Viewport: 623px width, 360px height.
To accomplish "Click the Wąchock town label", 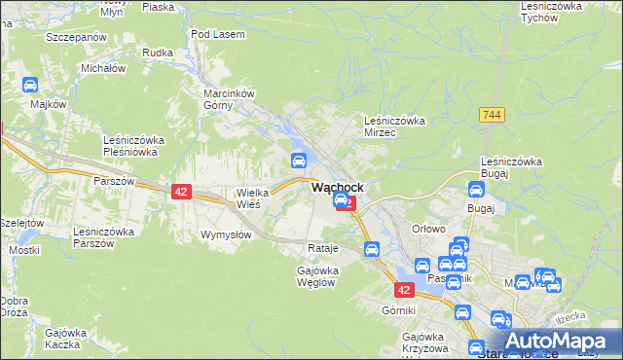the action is (338, 187).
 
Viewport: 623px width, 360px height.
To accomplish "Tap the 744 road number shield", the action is (492, 115).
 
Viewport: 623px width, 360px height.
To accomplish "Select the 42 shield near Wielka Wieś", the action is (181, 192).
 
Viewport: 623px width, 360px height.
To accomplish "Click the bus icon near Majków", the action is (30, 86).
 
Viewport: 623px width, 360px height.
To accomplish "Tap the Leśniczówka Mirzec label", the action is (394, 126).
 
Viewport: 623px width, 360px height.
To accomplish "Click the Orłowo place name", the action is (428, 229).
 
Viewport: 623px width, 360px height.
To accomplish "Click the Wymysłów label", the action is (227, 235).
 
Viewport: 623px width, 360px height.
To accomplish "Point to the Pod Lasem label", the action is (218, 33).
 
